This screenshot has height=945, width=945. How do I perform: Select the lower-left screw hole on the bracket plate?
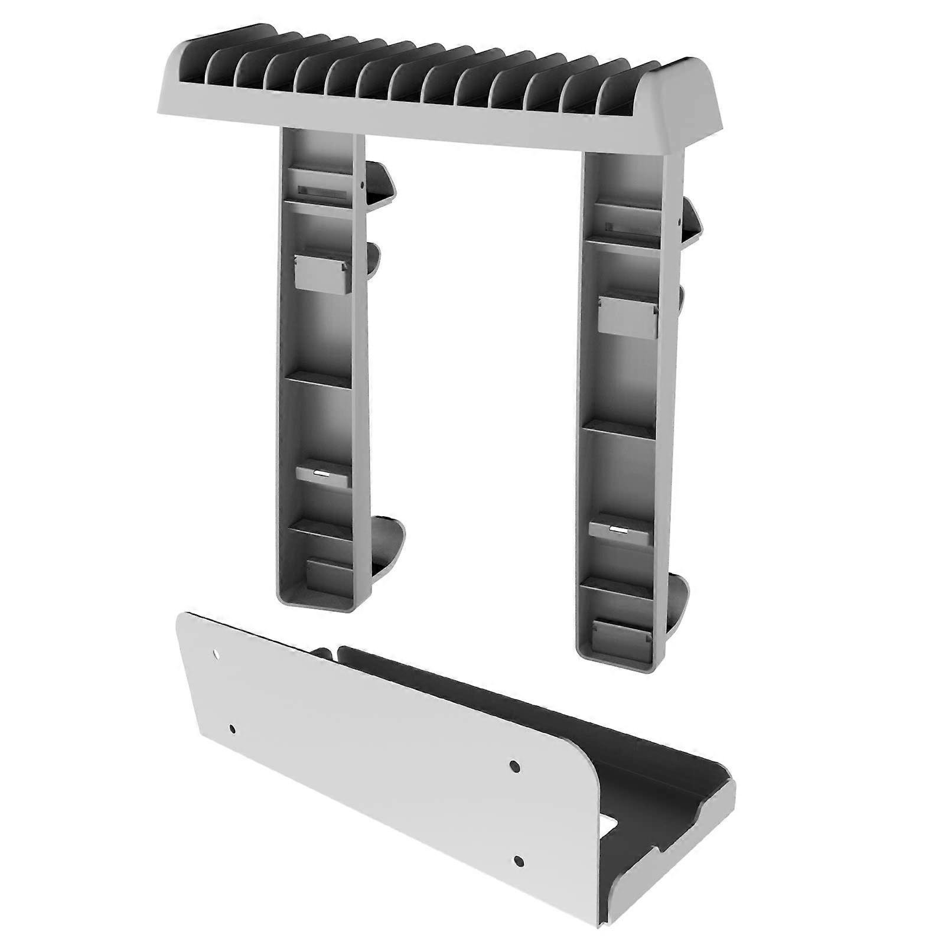click(x=232, y=728)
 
